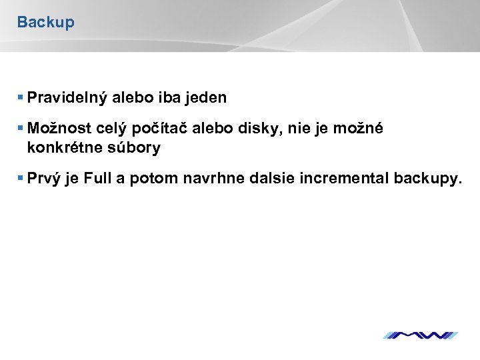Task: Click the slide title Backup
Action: click(x=45, y=22)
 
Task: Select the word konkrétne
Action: click(x=63, y=148)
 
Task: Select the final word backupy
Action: click(x=427, y=179)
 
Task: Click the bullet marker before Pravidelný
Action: click(x=21, y=98)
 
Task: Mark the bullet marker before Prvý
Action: click(x=21, y=179)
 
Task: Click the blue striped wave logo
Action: click(x=420, y=335)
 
